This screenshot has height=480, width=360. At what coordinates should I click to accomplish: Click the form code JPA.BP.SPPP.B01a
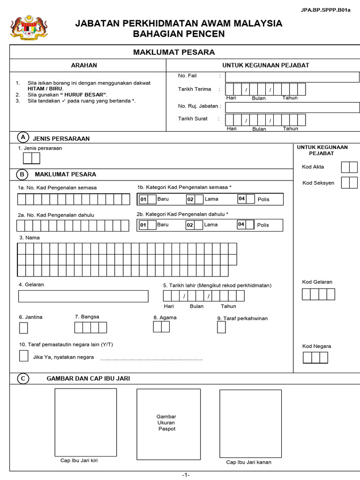click(330, 10)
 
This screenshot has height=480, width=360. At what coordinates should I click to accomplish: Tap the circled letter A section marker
click(22, 137)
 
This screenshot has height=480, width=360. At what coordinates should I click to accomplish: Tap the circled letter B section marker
click(22, 174)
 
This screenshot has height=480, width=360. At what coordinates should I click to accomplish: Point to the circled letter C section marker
click(22, 378)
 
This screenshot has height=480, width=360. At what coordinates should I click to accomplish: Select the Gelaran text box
click(83, 296)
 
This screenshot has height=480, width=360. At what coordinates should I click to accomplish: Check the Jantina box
click(23, 327)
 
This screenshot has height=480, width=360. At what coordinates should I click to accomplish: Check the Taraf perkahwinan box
click(221, 327)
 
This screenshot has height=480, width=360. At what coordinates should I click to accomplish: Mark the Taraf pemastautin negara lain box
click(23, 356)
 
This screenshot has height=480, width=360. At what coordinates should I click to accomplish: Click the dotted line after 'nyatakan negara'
click(151, 360)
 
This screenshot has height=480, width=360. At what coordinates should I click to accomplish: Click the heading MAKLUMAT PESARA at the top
click(174, 52)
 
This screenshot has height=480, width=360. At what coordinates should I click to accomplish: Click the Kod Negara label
click(316, 346)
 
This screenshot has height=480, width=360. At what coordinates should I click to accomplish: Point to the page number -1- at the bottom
click(186, 475)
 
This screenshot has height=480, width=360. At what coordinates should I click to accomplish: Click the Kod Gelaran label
click(317, 282)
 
